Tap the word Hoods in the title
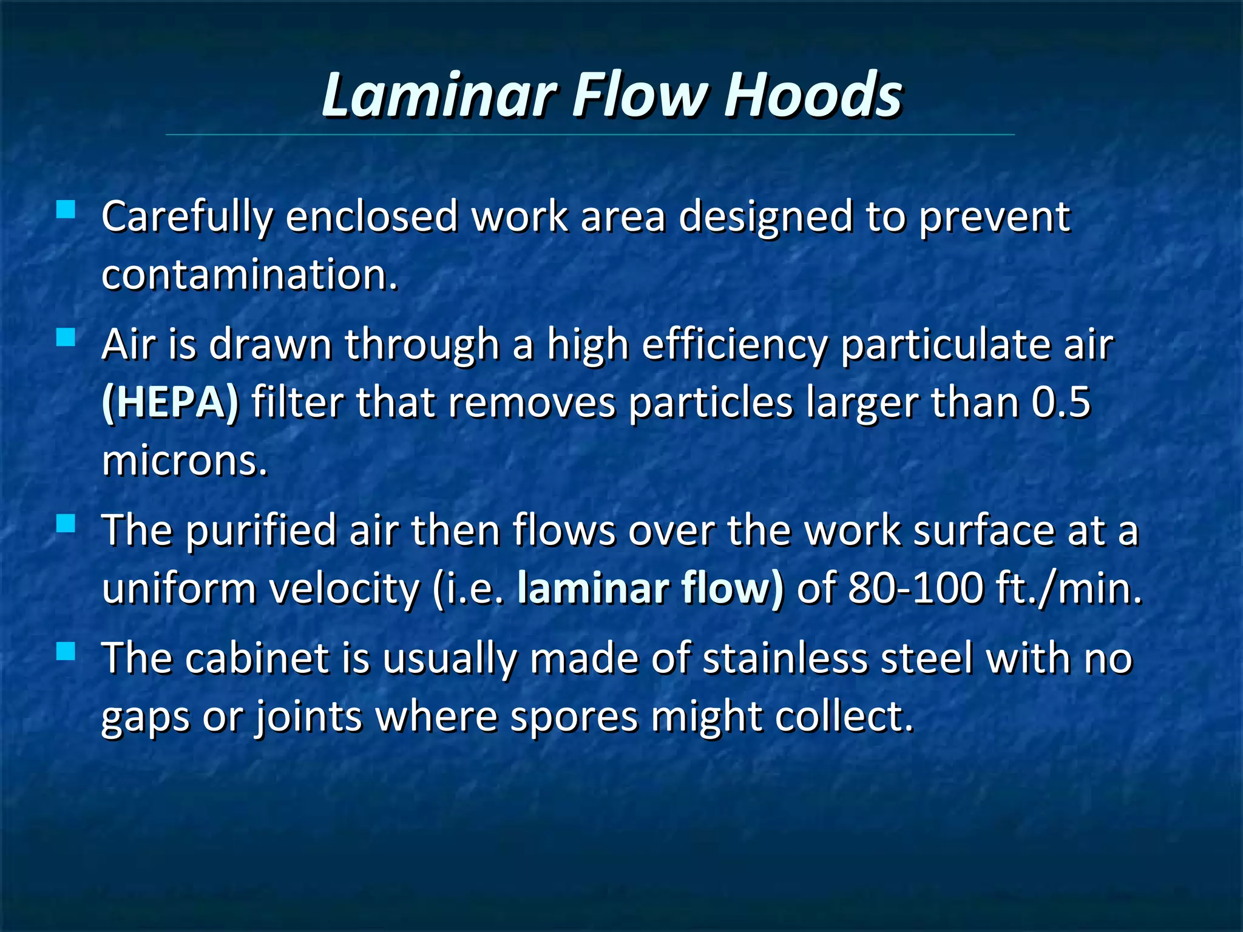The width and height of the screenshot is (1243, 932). (x=813, y=95)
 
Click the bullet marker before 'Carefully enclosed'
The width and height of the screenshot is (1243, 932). (x=66, y=210)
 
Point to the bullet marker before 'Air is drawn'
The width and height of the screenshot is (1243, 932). (x=66, y=337)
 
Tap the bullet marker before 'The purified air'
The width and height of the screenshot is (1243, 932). (x=66, y=523)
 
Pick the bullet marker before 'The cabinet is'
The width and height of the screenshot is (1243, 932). (x=66, y=651)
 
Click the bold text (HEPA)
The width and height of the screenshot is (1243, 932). (x=171, y=402)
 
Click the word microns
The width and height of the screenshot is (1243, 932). (x=185, y=461)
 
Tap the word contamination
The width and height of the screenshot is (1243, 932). (x=249, y=275)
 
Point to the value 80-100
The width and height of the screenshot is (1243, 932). (x=915, y=589)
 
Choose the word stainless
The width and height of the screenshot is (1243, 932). (x=785, y=658)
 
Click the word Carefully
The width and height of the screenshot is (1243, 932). (x=188, y=217)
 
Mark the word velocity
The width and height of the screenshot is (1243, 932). (x=344, y=589)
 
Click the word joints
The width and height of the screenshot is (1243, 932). (x=308, y=718)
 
